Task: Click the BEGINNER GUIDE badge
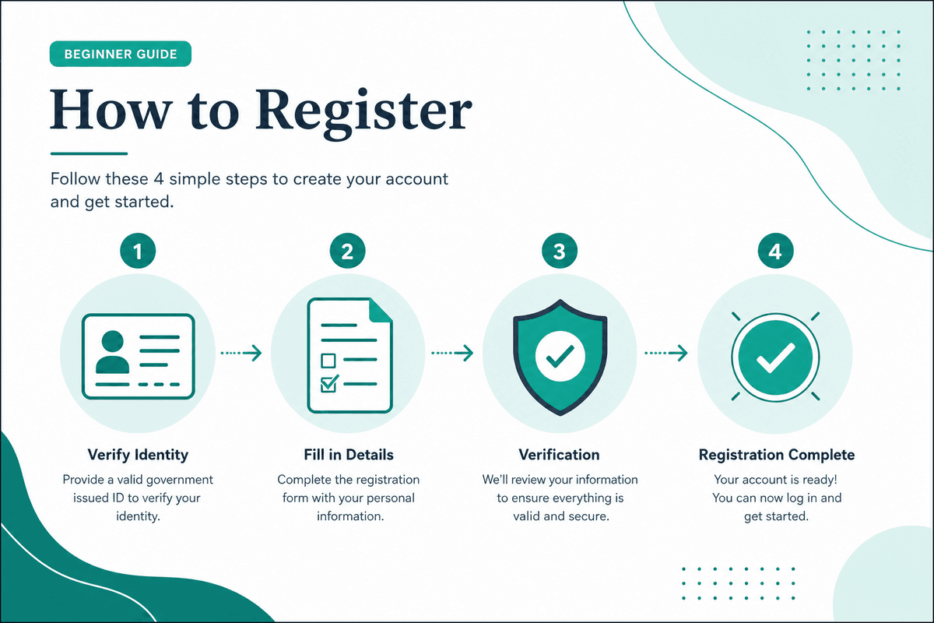pyautogui.click(x=121, y=54)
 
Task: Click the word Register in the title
pyautogui.click(x=363, y=113)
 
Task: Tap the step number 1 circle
pyautogui.click(x=138, y=251)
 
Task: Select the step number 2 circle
pyautogui.click(x=347, y=251)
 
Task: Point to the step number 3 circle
pyautogui.click(x=560, y=251)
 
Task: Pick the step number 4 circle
pyautogui.click(x=775, y=251)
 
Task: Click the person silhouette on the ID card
pyautogui.click(x=112, y=352)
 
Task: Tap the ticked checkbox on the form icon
pyautogui.click(x=329, y=383)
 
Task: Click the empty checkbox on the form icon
pyautogui.click(x=328, y=361)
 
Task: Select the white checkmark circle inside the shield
pyautogui.click(x=560, y=356)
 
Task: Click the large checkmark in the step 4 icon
pyautogui.click(x=775, y=357)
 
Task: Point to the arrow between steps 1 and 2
pyautogui.click(x=241, y=353)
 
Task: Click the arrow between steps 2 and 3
pyautogui.click(x=452, y=353)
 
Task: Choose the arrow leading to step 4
pyautogui.click(x=666, y=353)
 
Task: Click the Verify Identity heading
pyautogui.click(x=138, y=455)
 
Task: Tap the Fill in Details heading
pyautogui.click(x=349, y=455)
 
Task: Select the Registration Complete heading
pyautogui.click(x=777, y=455)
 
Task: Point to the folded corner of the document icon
pyautogui.click(x=380, y=311)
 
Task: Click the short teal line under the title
pyautogui.click(x=89, y=153)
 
